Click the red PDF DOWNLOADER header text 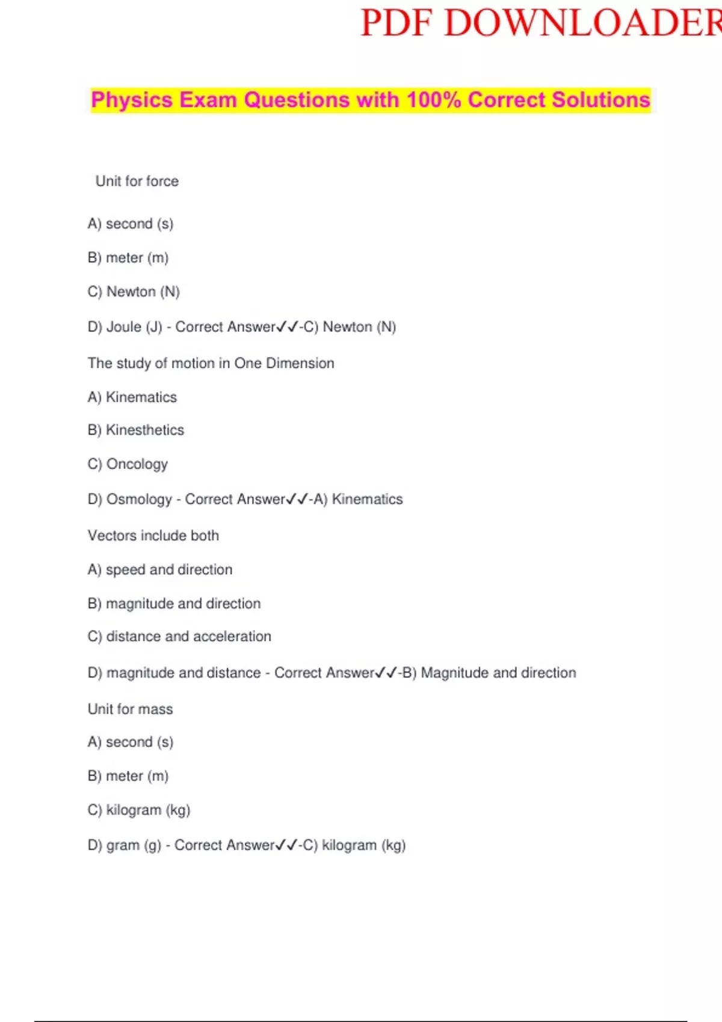540,24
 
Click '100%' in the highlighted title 433,100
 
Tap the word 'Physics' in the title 132,100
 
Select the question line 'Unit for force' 137,182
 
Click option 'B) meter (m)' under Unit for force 128,258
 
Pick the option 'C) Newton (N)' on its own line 134,292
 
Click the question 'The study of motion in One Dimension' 211,363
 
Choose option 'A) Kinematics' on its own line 132,397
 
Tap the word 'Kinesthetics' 145,430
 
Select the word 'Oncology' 137,464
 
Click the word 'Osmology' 139,500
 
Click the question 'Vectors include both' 153,536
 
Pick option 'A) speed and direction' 160,570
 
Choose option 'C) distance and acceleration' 179,637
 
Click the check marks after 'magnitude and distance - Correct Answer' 386,673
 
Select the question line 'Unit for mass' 130,709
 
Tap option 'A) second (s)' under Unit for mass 131,742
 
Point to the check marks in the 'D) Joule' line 287,327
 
